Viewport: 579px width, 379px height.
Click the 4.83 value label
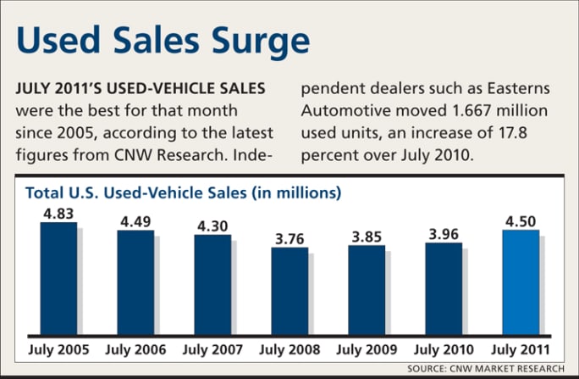point(59,212)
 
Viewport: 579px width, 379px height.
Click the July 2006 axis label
point(136,349)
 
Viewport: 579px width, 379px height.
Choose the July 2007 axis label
point(212,349)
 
